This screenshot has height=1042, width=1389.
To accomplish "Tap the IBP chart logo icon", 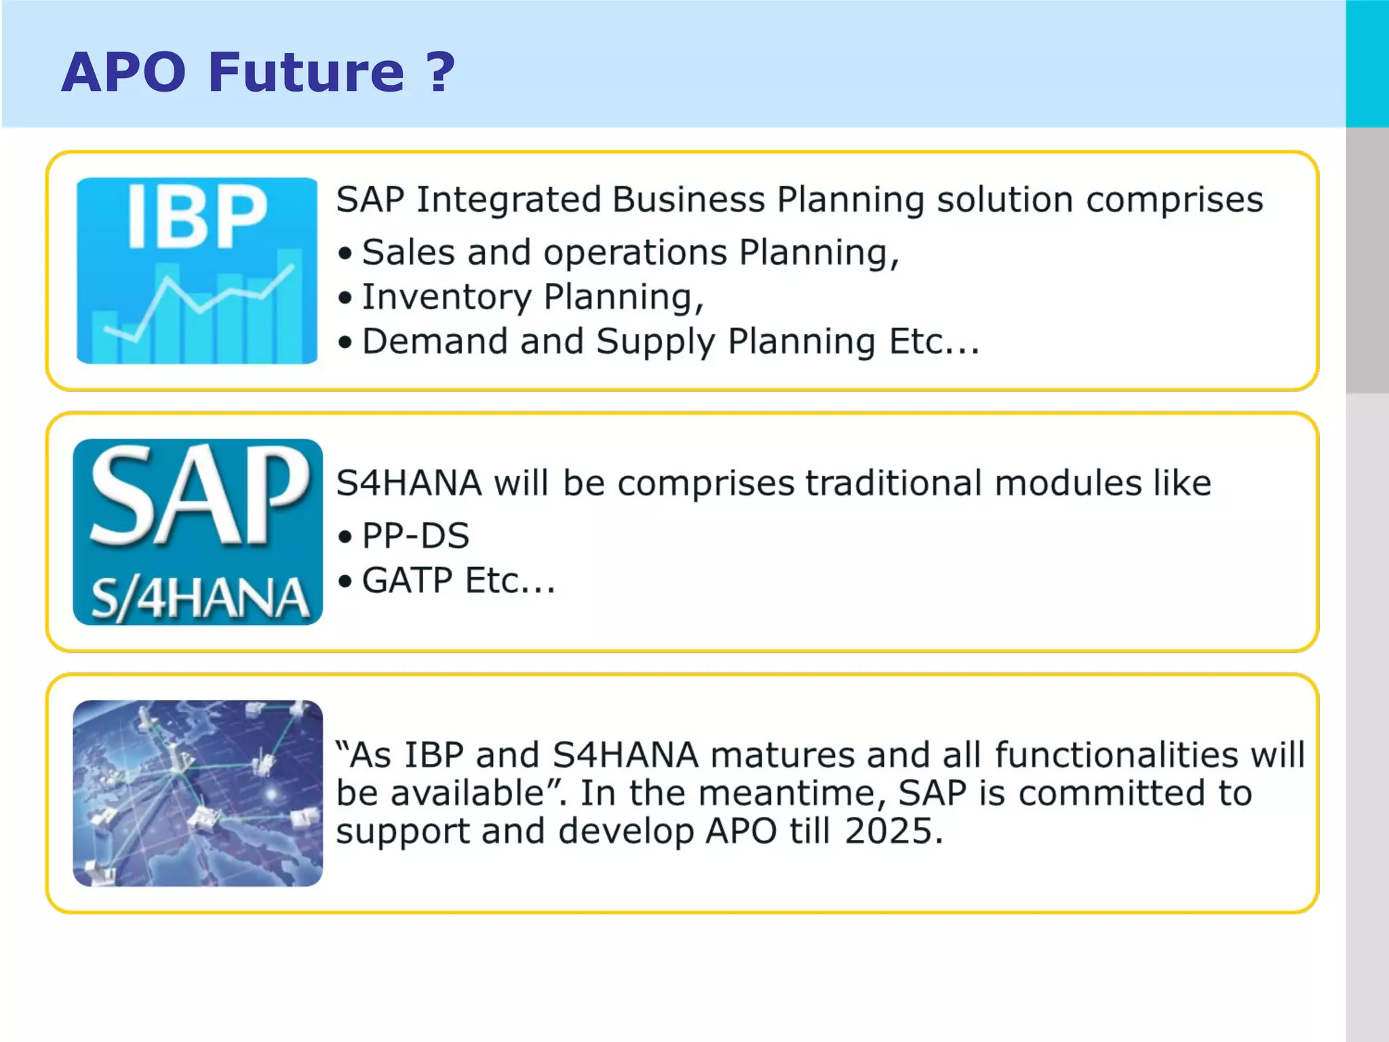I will (x=197, y=271).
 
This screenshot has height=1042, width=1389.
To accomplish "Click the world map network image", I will (x=197, y=793).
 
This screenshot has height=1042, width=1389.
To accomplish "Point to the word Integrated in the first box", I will (x=508, y=200).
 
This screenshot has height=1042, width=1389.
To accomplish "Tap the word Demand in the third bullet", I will (x=434, y=341).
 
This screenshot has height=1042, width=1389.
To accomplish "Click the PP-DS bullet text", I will (x=415, y=536).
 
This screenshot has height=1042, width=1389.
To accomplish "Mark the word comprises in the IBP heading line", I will (x=1174, y=200).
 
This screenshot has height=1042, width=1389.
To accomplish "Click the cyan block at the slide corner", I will (x=1367, y=63).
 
